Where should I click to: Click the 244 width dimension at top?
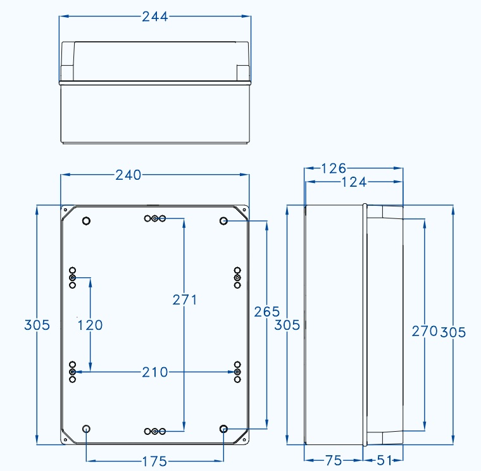click(x=154, y=17)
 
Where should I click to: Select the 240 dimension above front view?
click(x=128, y=175)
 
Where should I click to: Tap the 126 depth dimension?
click(x=334, y=168)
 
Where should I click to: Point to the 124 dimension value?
click(x=354, y=182)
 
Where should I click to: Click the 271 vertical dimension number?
click(x=184, y=299)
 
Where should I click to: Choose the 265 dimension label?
click(x=266, y=311)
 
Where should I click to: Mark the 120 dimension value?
click(x=90, y=325)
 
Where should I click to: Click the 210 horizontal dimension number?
click(x=154, y=372)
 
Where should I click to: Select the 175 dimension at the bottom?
click(x=154, y=462)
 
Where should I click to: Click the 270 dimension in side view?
click(x=424, y=330)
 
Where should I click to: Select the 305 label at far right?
click(x=453, y=332)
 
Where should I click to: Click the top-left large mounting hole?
click(x=87, y=220)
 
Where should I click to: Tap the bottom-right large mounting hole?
click(x=223, y=429)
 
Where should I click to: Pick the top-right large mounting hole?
click(x=223, y=220)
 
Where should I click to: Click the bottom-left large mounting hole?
click(x=87, y=429)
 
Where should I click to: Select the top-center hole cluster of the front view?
click(x=154, y=218)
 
